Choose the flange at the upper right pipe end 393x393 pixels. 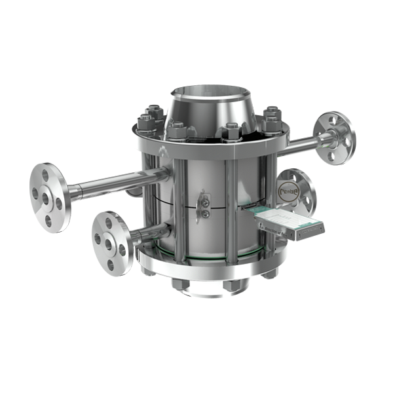335,137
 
